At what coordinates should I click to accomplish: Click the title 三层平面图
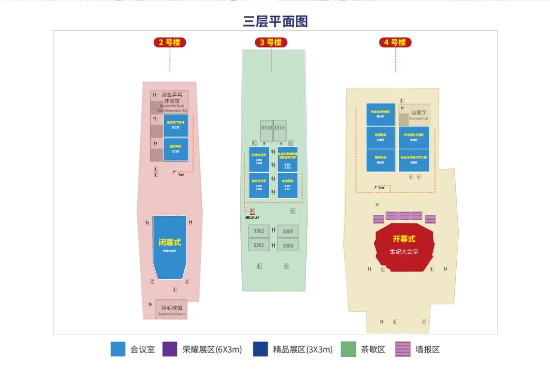click(276, 21)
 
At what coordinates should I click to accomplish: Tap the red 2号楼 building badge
click(170, 42)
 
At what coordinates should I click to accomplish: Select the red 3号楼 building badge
click(270, 42)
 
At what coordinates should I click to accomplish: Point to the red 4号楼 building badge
click(395, 42)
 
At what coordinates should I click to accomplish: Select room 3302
click(259, 231)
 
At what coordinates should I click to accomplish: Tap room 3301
click(259, 245)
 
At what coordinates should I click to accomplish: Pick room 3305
click(288, 231)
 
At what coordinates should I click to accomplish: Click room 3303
click(288, 245)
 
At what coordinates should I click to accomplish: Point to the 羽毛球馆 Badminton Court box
click(171, 309)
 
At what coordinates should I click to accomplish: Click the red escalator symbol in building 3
click(252, 212)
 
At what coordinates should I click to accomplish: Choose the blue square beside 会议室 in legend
click(118, 349)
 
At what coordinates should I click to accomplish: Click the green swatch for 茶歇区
click(348, 349)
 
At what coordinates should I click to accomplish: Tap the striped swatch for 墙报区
click(402, 349)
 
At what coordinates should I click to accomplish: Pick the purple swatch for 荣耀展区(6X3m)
click(170, 349)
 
